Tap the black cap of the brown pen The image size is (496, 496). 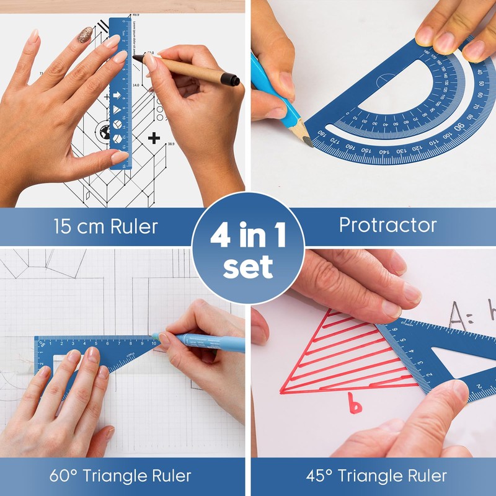pyautogui.click(x=231, y=79)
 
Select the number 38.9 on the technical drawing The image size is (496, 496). pyautogui.click(x=171, y=144)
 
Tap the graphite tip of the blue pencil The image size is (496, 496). pyautogui.click(x=307, y=140)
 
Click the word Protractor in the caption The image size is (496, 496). pyautogui.click(x=387, y=224)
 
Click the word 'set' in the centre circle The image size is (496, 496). pyautogui.click(x=248, y=267)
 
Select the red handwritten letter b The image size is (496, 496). pyautogui.click(x=353, y=402)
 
